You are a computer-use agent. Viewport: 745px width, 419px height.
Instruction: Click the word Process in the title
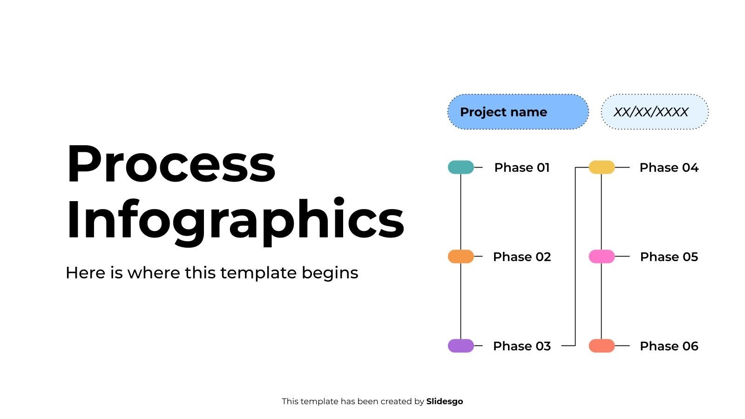coord(171,164)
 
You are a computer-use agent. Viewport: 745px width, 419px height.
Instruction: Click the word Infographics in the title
coord(235,219)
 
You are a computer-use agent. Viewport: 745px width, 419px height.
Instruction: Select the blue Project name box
coord(518,112)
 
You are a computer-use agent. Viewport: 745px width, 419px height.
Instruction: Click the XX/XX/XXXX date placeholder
coord(654,112)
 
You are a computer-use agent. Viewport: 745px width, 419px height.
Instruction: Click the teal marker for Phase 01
coord(461,167)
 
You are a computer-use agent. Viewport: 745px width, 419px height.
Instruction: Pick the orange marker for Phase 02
coord(461,257)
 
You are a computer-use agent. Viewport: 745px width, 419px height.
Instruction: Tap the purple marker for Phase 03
coord(461,346)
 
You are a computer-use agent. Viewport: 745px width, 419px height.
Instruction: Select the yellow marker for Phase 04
coord(602,167)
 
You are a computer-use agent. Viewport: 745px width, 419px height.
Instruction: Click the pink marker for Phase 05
coord(602,257)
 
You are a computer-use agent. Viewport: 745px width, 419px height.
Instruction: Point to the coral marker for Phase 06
coord(602,346)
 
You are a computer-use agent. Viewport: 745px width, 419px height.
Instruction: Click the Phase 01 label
coord(521,168)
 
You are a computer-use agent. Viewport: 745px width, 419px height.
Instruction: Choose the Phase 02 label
coord(521,257)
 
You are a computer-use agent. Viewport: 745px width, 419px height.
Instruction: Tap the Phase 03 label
coord(521,346)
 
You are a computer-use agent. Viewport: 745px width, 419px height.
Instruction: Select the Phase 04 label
coord(669,168)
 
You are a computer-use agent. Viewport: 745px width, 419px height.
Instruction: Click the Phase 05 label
coord(669,257)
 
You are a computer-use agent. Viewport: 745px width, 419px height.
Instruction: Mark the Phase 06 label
coord(669,346)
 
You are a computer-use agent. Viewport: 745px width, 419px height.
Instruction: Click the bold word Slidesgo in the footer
coord(444,401)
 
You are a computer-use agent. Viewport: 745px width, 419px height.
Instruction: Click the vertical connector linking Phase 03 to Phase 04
coord(576,256)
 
